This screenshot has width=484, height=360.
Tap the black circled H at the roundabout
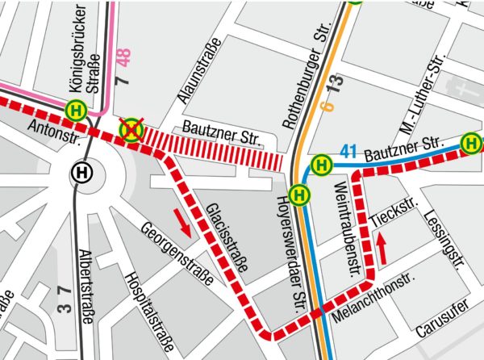(x=81, y=171)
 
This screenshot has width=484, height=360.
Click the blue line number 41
(x=348, y=149)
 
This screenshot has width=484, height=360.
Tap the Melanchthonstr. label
(x=369, y=297)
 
